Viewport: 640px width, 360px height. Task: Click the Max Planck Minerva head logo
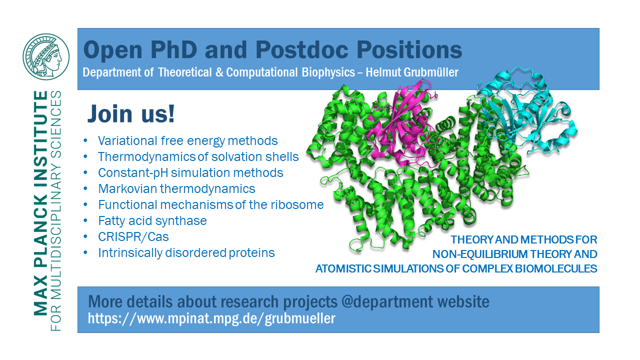(46, 57)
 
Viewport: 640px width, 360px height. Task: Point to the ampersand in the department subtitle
(219, 72)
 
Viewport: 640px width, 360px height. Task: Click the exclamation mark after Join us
(171, 113)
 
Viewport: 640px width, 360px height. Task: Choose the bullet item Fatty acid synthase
(152, 221)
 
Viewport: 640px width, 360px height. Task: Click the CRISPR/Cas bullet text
(133, 237)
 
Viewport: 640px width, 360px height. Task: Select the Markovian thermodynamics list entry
(176, 189)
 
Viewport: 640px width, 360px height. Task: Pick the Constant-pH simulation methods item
(190, 173)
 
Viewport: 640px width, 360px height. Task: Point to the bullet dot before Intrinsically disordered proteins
(85, 253)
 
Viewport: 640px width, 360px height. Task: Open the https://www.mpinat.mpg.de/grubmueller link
(211, 318)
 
